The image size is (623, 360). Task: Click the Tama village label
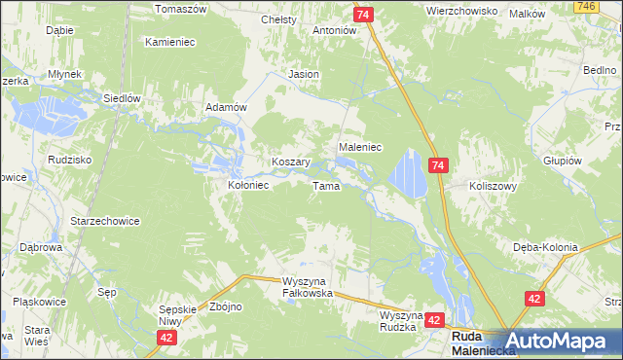tap(325, 186)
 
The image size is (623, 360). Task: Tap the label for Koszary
tap(290, 162)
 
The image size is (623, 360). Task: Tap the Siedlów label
tap(123, 98)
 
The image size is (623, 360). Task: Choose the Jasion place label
tap(304, 74)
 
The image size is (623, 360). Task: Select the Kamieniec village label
tap(171, 43)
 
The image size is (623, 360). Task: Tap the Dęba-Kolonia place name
tap(545, 247)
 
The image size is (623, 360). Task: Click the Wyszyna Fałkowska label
tap(308, 287)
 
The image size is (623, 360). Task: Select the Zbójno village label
tap(226, 306)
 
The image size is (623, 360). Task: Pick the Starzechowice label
tap(105, 221)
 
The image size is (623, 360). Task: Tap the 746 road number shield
tap(612, 6)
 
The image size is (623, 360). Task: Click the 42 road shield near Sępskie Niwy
tap(167, 337)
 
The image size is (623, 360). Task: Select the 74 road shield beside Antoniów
tap(362, 15)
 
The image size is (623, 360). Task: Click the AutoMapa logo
tap(564, 342)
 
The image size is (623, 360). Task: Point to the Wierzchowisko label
tap(462, 11)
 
